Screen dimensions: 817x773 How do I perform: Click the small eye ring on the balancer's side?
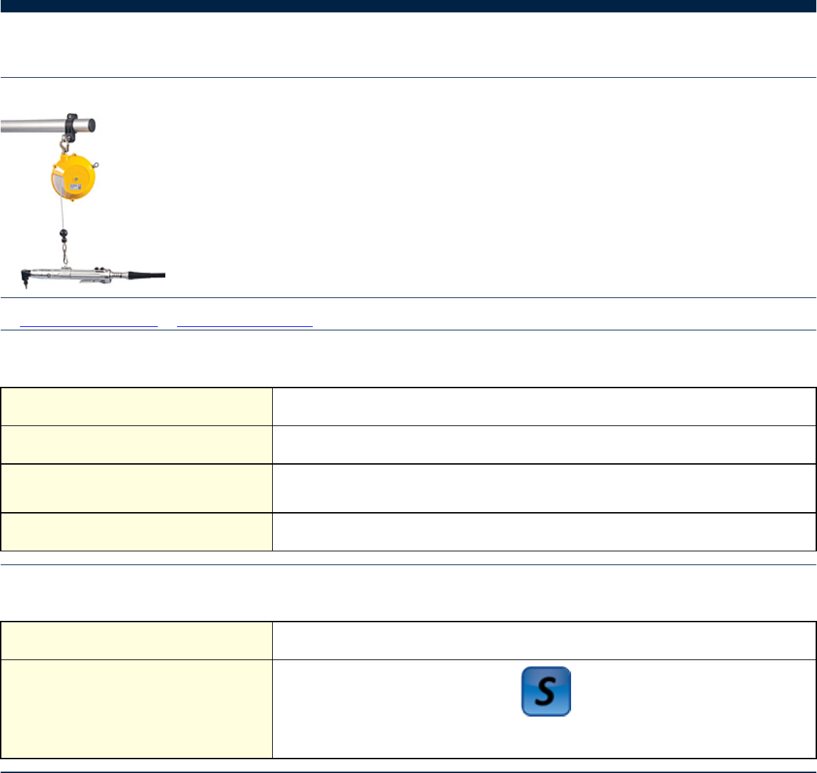point(95,164)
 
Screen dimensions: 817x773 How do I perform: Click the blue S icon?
point(546,691)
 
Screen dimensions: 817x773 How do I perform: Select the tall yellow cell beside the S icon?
point(136,708)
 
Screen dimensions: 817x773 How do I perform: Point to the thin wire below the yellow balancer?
point(61,214)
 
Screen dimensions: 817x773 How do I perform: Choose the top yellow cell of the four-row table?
point(136,406)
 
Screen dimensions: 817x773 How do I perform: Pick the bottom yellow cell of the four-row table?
point(136,531)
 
